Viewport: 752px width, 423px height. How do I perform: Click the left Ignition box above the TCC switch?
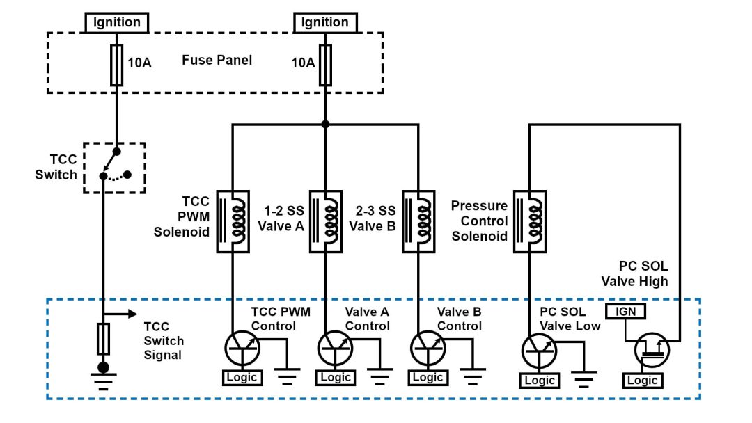117,22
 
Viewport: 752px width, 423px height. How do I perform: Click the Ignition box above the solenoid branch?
324,22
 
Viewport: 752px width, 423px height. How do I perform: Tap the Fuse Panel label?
217,61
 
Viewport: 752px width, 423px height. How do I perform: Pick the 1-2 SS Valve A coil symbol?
324,221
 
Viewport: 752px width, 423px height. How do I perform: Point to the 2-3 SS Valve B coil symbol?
418,221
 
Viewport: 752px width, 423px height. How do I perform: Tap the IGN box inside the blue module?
626,312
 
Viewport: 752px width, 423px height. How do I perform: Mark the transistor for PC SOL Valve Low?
540,349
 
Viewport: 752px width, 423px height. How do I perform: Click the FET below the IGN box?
652,349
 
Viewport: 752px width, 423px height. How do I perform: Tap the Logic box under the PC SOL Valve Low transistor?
540,381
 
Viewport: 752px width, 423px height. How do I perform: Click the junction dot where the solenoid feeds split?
324,125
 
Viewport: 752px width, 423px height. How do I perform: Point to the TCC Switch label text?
56,167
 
